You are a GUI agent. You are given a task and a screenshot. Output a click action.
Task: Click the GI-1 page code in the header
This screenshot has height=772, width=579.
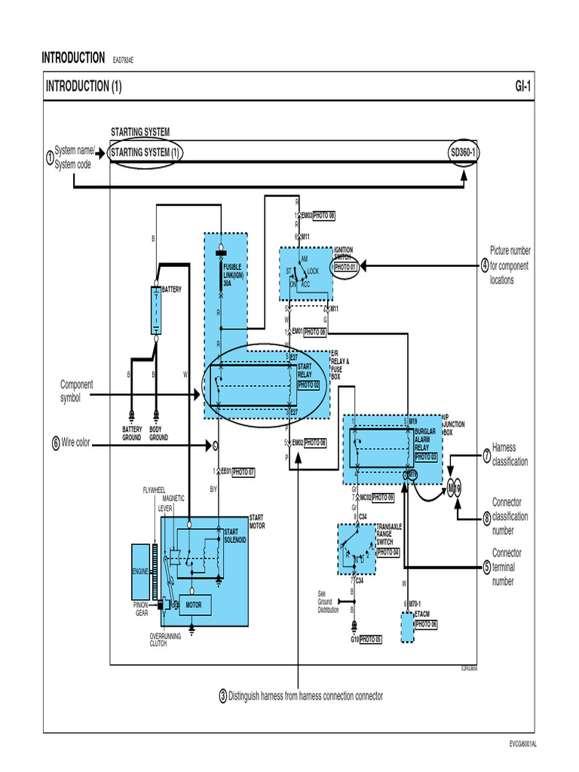(x=522, y=87)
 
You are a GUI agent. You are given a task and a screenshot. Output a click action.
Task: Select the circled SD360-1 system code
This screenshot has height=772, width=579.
(x=464, y=153)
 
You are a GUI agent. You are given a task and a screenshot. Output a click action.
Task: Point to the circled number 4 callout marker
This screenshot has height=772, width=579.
(x=485, y=265)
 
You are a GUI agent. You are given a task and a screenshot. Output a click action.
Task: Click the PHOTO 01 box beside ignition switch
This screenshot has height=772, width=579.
(x=345, y=267)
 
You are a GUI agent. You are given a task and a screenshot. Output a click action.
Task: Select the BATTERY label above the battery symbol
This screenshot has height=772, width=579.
(x=171, y=289)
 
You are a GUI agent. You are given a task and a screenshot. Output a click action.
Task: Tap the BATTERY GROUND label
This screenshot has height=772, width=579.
(x=132, y=433)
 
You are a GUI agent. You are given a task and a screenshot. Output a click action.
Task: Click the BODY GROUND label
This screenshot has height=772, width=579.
(x=158, y=433)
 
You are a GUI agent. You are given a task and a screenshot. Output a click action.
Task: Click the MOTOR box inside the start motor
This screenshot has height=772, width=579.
(x=194, y=605)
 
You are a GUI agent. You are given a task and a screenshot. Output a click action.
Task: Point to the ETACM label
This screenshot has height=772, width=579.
(x=422, y=614)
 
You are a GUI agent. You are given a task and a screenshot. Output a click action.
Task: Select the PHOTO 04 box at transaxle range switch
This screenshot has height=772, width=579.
(x=388, y=553)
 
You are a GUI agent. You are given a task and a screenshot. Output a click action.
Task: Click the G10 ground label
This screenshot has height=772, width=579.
(x=354, y=639)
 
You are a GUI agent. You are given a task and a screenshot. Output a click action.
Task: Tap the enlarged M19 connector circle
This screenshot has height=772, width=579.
(x=455, y=488)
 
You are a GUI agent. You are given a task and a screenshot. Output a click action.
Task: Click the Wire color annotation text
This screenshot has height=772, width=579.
(x=75, y=443)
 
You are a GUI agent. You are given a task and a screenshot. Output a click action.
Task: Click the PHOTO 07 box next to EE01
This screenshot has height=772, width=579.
(x=243, y=472)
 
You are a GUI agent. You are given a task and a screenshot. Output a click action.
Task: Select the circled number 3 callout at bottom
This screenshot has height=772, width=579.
(x=223, y=696)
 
